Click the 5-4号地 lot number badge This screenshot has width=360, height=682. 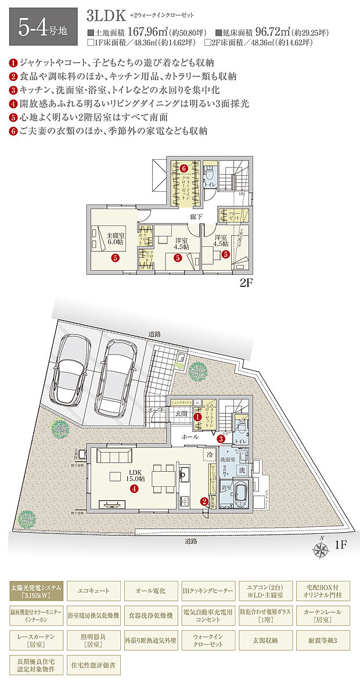coord(43,26)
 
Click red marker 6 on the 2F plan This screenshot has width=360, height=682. coord(183,168)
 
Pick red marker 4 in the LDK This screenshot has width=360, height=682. coord(134,489)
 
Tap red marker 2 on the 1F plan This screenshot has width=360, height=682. coord(204,501)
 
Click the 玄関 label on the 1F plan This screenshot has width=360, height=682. coord(181,413)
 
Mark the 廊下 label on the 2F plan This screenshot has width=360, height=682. coord(196,217)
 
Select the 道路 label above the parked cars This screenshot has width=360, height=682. coord(154,334)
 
